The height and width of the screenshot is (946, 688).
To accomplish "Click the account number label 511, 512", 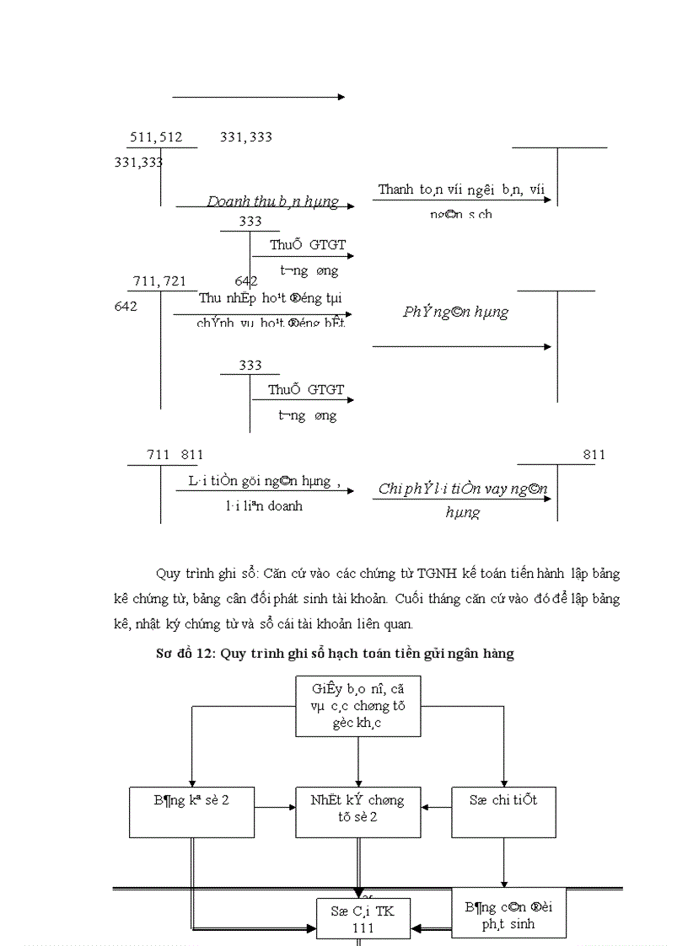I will pyautogui.click(x=156, y=137).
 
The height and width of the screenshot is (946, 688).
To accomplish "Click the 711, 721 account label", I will pyautogui.click(x=159, y=281).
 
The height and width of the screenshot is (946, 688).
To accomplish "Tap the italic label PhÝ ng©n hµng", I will pyautogui.click(x=455, y=312).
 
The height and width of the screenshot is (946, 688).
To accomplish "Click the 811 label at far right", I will pyautogui.click(x=594, y=455).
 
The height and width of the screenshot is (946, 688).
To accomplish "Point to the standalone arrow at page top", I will pyautogui.click(x=258, y=97).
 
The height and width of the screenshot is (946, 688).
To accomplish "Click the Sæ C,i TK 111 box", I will pyautogui.click(x=362, y=918).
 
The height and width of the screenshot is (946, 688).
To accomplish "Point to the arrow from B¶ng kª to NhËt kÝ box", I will pyautogui.click(x=275, y=807).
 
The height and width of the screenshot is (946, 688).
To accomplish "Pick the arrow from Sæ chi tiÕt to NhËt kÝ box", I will pyautogui.click(x=436, y=807).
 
